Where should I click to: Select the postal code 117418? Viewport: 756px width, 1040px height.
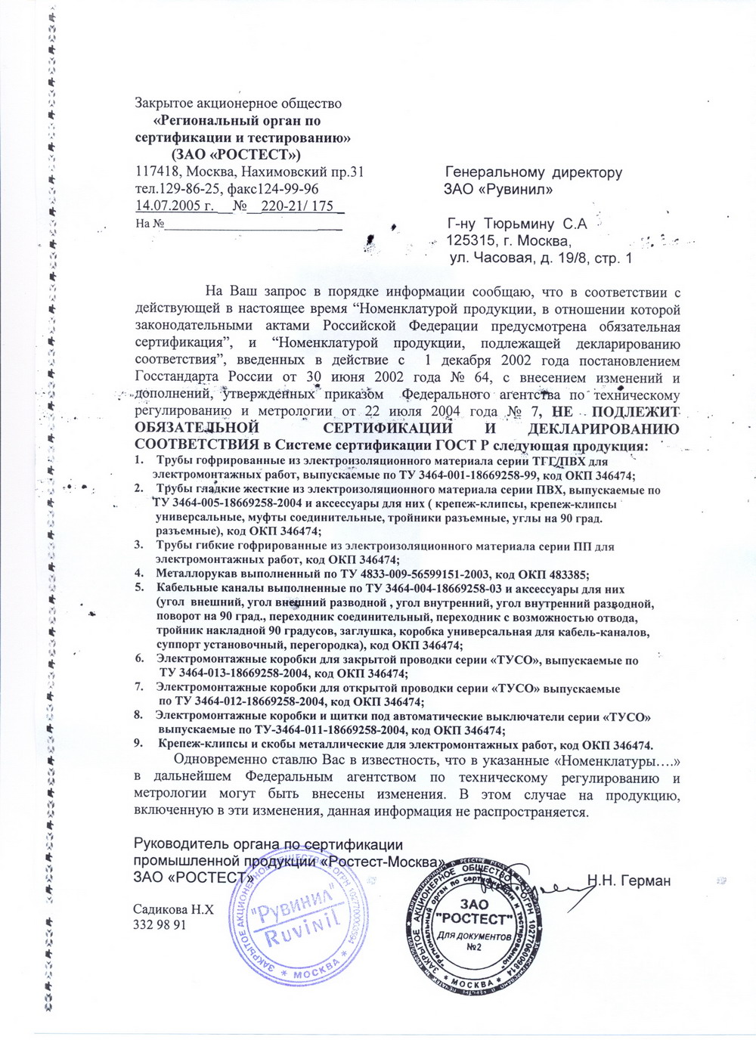pos(154,172)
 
